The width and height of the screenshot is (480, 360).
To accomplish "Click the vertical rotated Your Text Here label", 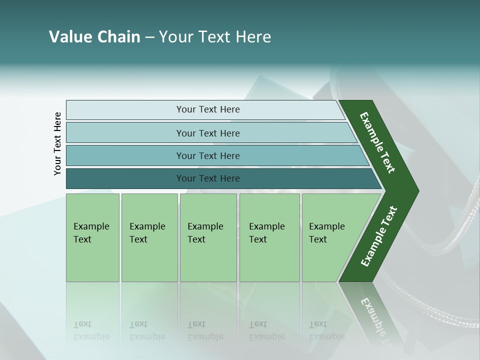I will (57, 143).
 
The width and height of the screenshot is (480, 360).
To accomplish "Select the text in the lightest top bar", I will (208, 109).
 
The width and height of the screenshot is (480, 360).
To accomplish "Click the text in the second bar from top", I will (208, 133).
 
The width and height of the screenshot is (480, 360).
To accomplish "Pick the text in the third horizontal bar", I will (208, 156).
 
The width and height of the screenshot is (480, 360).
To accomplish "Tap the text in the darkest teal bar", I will (208, 178).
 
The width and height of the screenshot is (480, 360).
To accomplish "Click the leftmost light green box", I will (92, 237).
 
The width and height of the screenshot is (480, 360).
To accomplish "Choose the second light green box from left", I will (149, 237).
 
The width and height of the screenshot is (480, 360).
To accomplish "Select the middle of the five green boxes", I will (208, 237).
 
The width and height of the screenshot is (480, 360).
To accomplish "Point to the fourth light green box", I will (269, 237).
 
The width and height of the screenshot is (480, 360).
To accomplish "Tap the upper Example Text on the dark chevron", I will (377, 142).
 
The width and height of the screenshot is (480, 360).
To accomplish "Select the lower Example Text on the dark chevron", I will (378, 236).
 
